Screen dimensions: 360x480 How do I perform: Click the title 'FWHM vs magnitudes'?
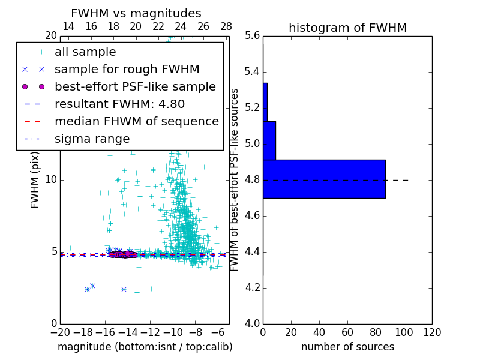point(136,14)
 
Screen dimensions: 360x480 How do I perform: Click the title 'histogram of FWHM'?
point(348,28)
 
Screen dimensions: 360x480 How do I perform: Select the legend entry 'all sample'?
point(85,52)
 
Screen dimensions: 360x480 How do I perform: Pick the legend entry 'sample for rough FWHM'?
point(127,69)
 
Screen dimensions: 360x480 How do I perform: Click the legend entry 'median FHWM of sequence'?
point(137,121)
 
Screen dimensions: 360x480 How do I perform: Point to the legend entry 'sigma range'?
point(92,139)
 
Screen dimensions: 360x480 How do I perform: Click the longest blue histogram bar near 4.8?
point(324,179)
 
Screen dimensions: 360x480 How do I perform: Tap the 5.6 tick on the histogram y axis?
point(253,36)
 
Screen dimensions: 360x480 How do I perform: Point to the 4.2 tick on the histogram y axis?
point(253,288)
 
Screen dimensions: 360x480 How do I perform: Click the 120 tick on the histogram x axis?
point(432,332)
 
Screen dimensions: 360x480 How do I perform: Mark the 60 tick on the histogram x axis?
point(347,332)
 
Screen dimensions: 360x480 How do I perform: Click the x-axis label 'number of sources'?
point(347,347)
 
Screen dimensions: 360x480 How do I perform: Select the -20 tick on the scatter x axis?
point(60,332)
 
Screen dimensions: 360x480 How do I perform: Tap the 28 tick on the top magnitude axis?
point(226,26)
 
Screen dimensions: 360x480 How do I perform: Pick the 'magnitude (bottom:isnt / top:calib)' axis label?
point(145,347)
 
